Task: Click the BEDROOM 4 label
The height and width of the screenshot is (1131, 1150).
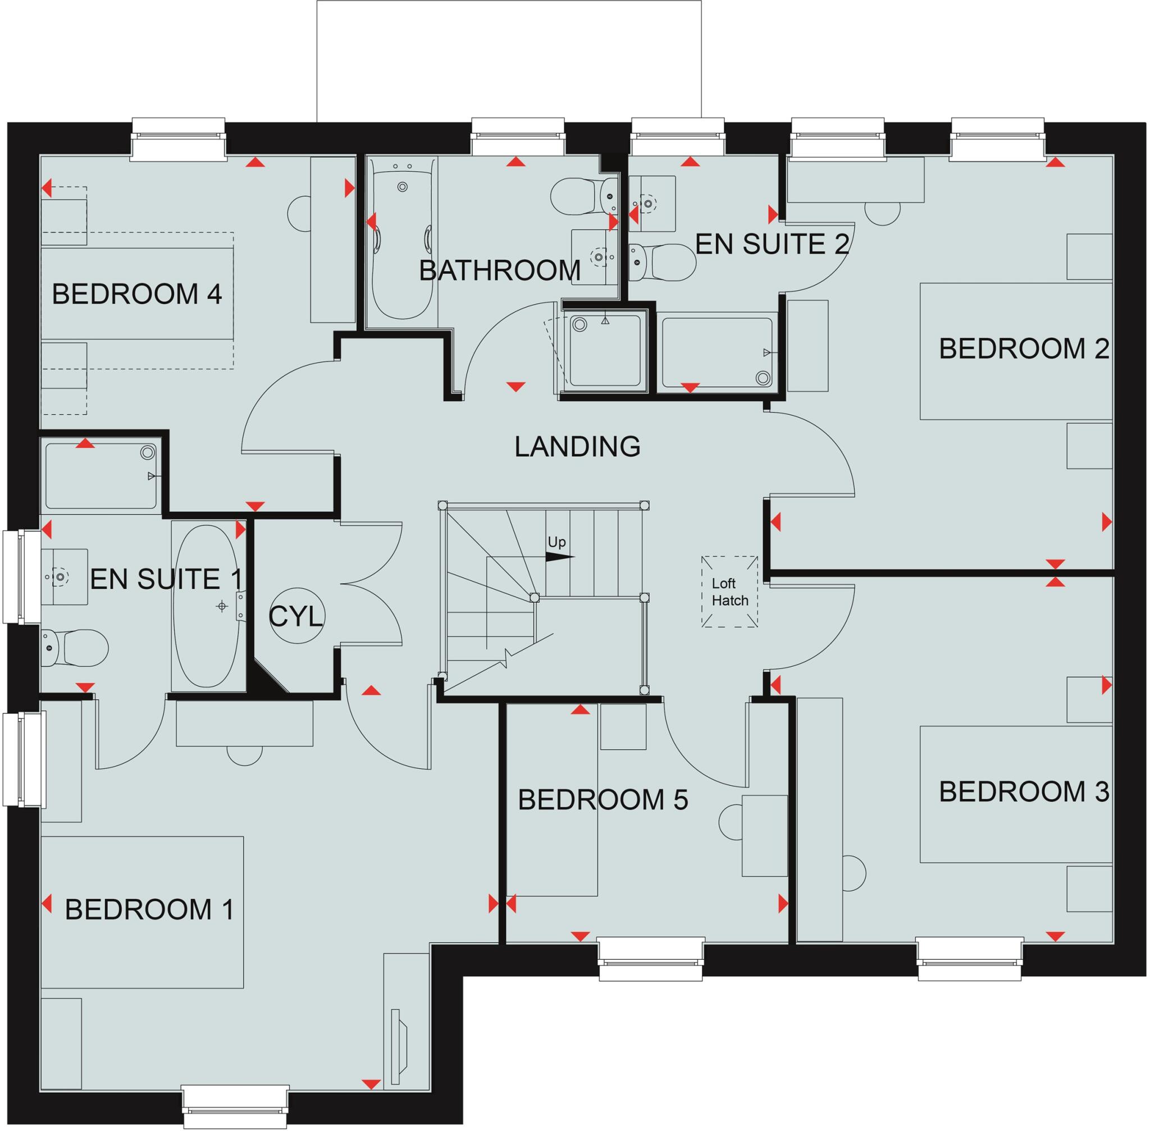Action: point(136,295)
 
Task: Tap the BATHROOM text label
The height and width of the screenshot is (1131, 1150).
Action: point(499,271)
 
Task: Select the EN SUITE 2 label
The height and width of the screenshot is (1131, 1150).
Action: point(772,244)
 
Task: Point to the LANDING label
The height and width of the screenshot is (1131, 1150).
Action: point(577,447)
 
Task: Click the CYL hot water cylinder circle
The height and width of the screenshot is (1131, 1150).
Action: point(296,616)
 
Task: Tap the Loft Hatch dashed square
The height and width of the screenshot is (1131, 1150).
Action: point(729,592)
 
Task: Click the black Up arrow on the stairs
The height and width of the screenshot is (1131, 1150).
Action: point(559,557)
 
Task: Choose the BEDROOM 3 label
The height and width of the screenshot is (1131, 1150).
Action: point(1024,791)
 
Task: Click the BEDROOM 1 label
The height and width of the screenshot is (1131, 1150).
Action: point(149,909)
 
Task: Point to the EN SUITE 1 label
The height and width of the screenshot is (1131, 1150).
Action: point(166,579)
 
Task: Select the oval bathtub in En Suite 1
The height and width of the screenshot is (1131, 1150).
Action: point(208,605)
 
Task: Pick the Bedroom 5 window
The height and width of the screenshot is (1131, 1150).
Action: point(651,959)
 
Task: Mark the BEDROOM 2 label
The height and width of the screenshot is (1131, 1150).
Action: point(1024,349)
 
